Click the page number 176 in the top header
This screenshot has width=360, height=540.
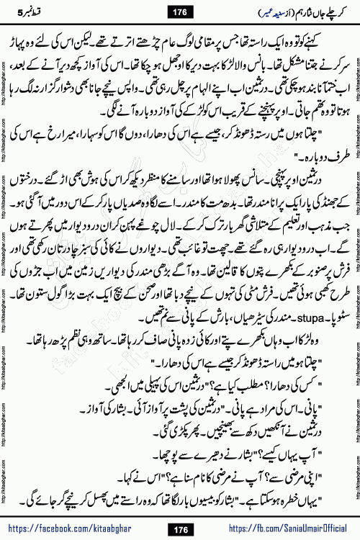(x=179, y=9)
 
